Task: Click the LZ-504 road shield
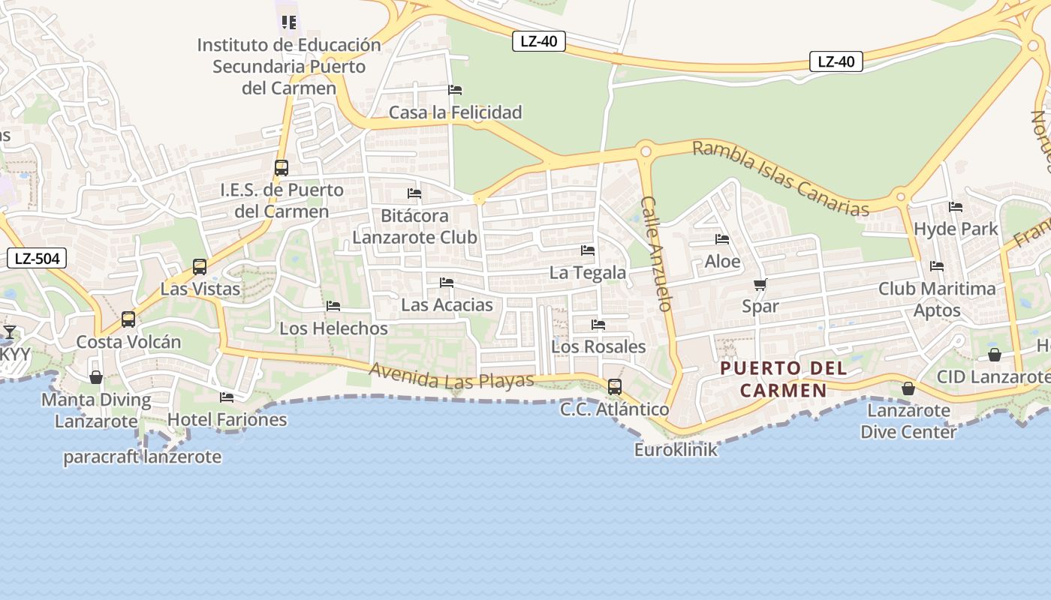(x=37, y=259)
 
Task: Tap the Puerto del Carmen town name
(x=784, y=379)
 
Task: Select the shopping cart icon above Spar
(x=760, y=285)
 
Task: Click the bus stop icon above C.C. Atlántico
(x=615, y=387)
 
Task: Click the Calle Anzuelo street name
(x=655, y=253)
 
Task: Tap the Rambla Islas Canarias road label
(x=781, y=178)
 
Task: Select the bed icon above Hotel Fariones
(x=227, y=397)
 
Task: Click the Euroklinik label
(x=676, y=450)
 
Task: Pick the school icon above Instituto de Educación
(x=289, y=22)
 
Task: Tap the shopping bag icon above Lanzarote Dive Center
(x=908, y=388)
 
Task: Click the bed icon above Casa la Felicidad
(x=455, y=90)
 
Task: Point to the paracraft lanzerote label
(x=142, y=457)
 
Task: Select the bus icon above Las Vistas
(x=200, y=267)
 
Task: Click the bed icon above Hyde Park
(x=956, y=207)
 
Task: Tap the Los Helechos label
(x=333, y=328)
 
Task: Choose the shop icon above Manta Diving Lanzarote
(x=96, y=377)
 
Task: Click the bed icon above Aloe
(x=722, y=240)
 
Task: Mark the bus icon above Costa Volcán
(x=128, y=319)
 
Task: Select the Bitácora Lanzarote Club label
(x=414, y=226)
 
